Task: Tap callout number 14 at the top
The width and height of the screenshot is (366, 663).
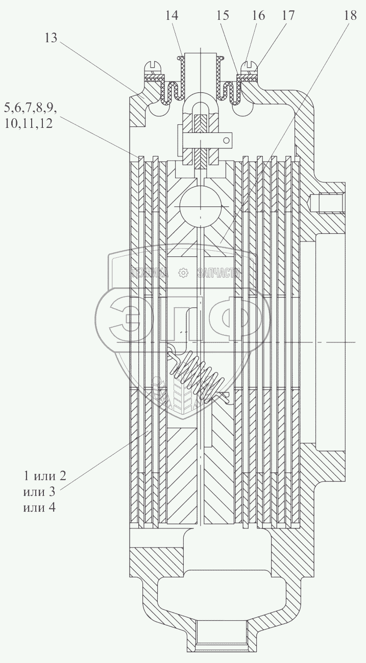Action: click(172, 16)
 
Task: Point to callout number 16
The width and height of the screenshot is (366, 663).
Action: click(258, 16)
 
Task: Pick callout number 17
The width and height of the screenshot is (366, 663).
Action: click(287, 16)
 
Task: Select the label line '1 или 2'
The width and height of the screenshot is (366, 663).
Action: click(44, 476)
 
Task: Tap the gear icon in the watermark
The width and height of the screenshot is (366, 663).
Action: click(182, 273)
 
